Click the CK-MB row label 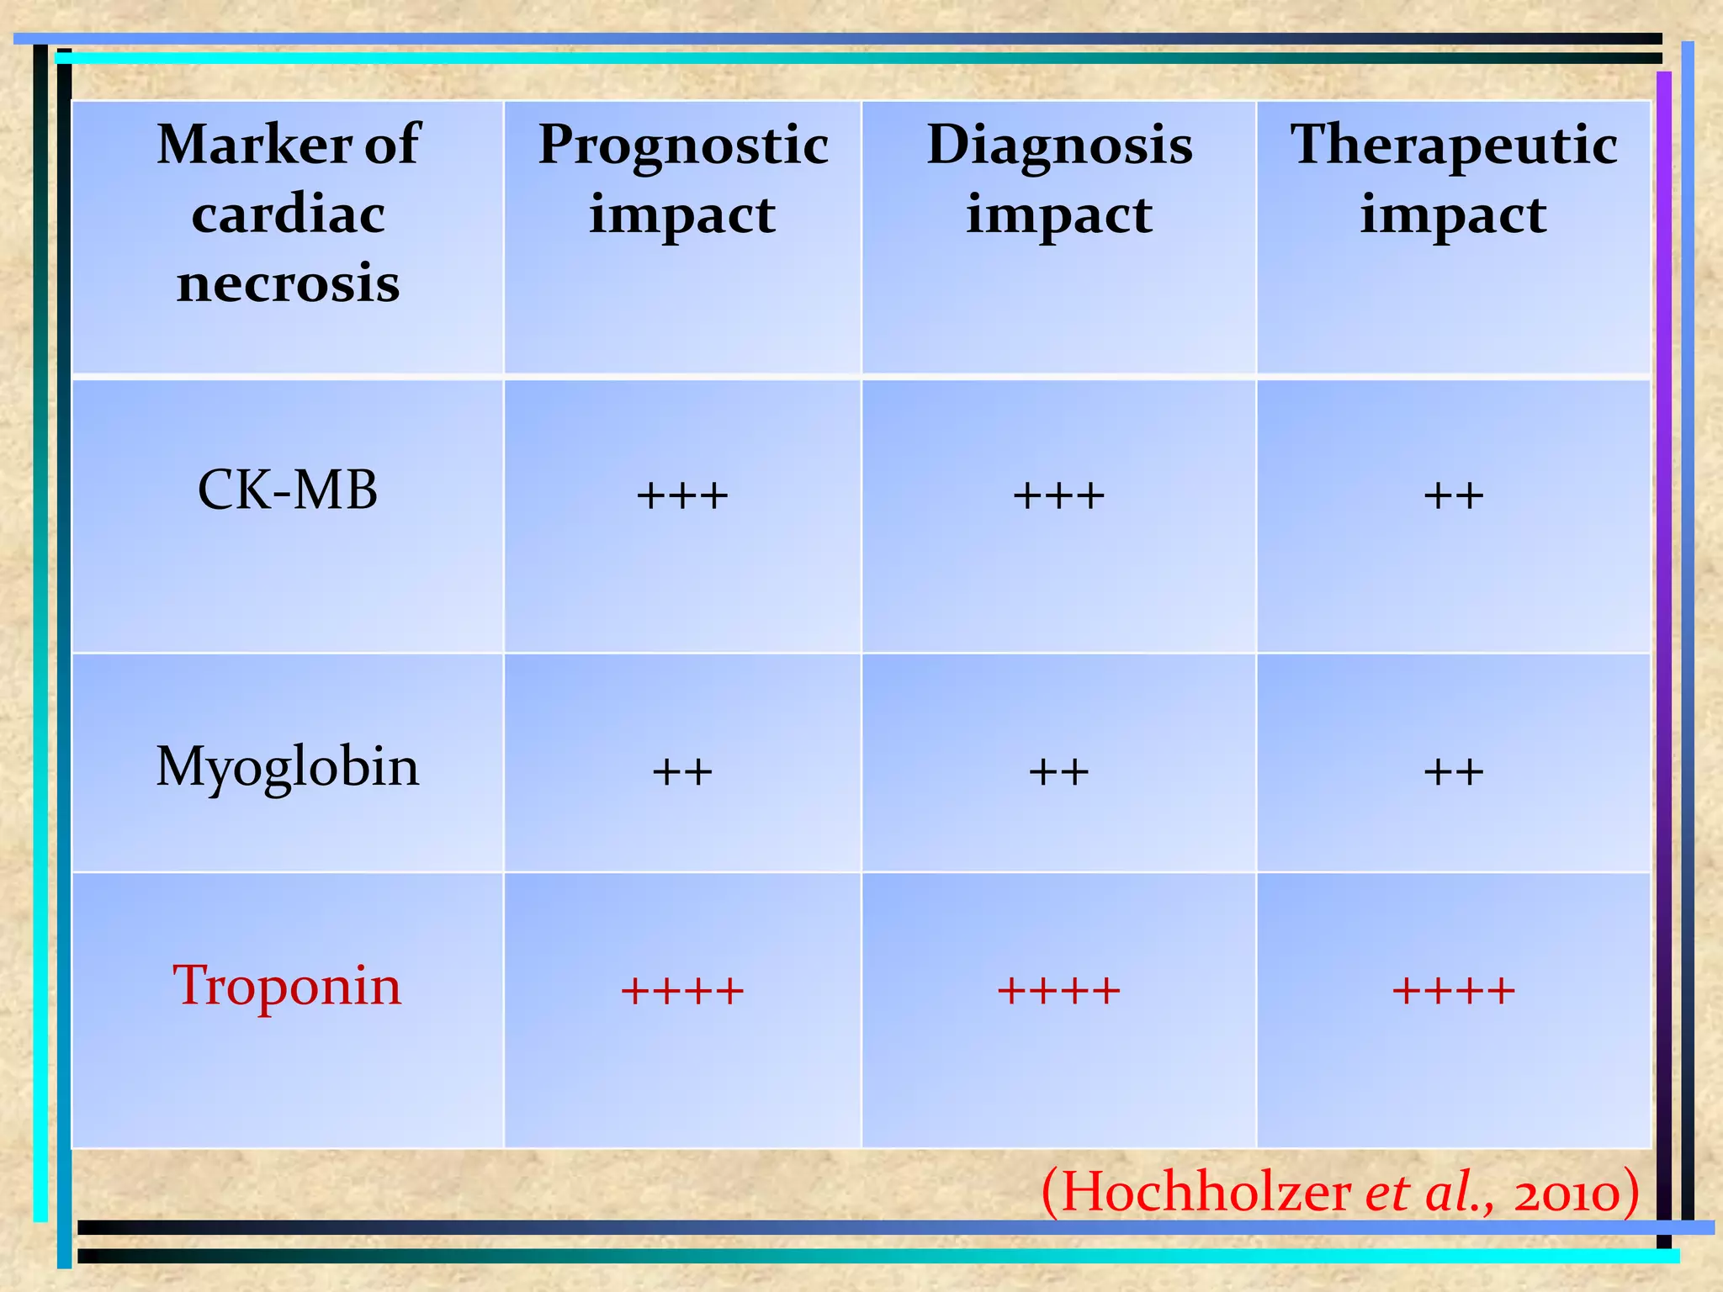click(x=288, y=490)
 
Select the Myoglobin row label click(x=288, y=767)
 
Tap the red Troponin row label click(x=288, y=985)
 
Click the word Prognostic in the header click(x=683, y=145)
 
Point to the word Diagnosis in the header click(x=1059, y=145)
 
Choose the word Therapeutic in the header click(x=1454, y=145)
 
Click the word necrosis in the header click(x=288, y=283)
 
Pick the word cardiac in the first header click(x=288, y=214)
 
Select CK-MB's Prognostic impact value click(x=682, y=495)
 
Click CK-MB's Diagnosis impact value click(x=1058, y=495)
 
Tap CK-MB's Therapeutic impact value click(x=1454, y=495)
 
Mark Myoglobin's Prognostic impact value click(x=682, y=771)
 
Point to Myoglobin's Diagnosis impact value click(x=1058, y=771)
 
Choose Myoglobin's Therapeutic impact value click(x=1454, y=771)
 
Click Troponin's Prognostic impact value click(x=682, y=990)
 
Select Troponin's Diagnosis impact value click(x=1058, y=990)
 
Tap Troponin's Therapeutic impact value click(x=1454, y=990)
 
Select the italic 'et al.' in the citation click(x=1428, y=1192)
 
